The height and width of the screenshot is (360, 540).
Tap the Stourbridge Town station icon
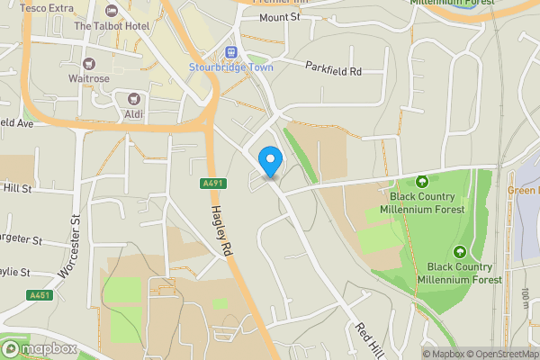[230, 53]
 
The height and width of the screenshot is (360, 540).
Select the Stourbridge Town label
[230, 67]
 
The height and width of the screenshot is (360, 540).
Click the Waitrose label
[88, 78]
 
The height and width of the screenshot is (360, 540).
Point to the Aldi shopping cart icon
[134, 99]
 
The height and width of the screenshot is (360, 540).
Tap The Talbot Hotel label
[112, 26]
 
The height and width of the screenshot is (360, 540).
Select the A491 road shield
[209, 184]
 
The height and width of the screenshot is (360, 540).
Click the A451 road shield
[40, 295]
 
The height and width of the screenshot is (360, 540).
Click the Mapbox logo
[38, 349]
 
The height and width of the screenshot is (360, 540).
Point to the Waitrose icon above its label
[88, 63]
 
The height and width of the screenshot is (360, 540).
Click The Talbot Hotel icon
[112, 12]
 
